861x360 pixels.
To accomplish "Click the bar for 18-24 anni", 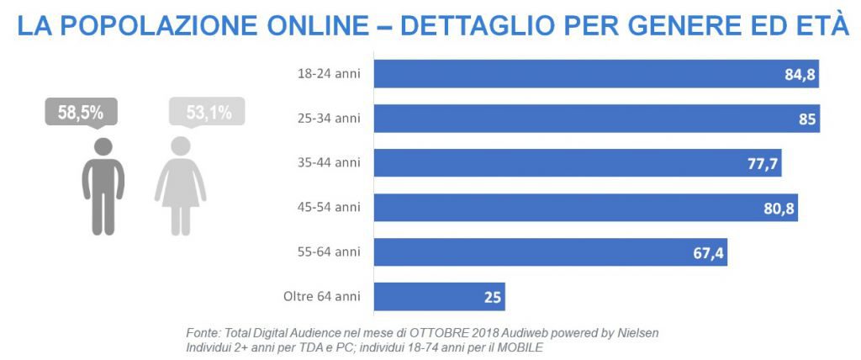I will pos(589,74).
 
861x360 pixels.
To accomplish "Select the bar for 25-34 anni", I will pos(589,119).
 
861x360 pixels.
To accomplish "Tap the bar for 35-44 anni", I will pos(572,163).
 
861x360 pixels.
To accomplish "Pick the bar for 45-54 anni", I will pos(580,207).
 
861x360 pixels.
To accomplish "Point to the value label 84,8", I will pos(800,74).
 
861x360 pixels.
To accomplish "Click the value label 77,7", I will pos(763,163).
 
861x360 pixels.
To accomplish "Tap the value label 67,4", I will pos(708,251).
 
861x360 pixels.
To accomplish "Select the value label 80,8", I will pos(779,207).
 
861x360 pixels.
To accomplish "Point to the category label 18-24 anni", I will pos(329,74).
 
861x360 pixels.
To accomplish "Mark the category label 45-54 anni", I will pos(329,207).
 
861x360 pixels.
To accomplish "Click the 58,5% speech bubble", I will pos(81,112).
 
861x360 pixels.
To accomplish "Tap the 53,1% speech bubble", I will pos(207,112).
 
